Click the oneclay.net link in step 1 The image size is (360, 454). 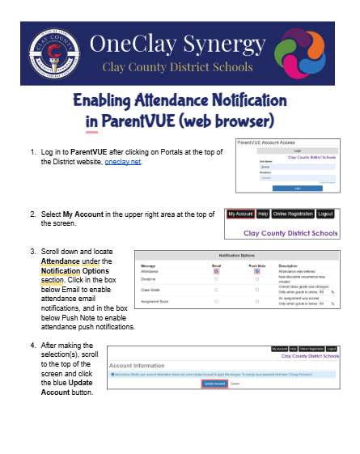(x=123, y=162)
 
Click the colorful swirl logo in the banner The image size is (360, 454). (x=303, y=52)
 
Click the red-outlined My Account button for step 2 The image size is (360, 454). (x=239, y=214)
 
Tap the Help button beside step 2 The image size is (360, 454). (x=262, y=214)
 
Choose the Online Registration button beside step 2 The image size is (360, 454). (x=291, y=214)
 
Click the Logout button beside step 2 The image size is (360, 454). (x=325, y=214)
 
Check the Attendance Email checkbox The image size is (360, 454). (x=216, y=271)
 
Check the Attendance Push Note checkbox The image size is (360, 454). (x=256, y=271)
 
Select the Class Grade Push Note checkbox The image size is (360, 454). (x=256, y=289)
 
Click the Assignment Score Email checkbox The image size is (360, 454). (x=216, y=301)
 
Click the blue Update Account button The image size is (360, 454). (x=214, y=384)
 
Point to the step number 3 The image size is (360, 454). (x=32, y=252)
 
